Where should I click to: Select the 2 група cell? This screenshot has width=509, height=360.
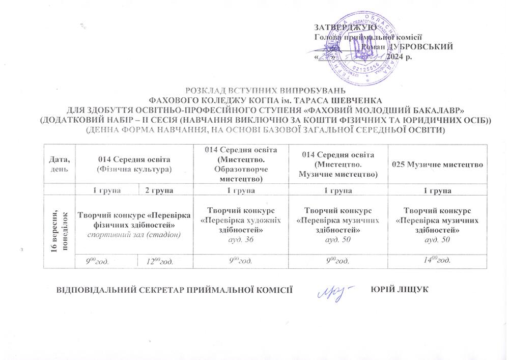[159, 190]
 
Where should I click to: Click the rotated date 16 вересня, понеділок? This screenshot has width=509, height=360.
[59, 225]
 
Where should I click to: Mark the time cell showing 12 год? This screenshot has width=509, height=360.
[159, 261]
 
